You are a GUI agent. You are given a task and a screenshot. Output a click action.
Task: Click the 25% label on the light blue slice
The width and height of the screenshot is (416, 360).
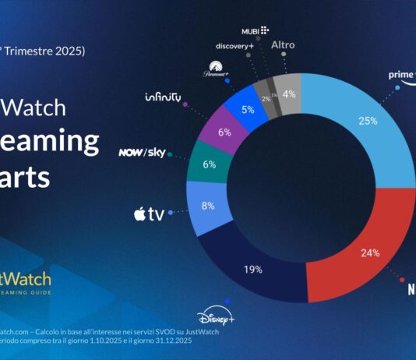[x=368, y=121]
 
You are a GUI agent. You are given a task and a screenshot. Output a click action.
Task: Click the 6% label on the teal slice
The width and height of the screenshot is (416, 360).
[x=208, y=165]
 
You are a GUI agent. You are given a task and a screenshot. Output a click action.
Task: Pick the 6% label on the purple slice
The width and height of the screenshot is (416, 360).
[x=224, y=132]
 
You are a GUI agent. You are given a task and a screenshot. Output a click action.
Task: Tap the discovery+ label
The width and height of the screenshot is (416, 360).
[x=237, y=46]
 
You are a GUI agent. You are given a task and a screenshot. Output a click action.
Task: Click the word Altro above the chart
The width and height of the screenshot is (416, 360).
[x=282, y=45]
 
